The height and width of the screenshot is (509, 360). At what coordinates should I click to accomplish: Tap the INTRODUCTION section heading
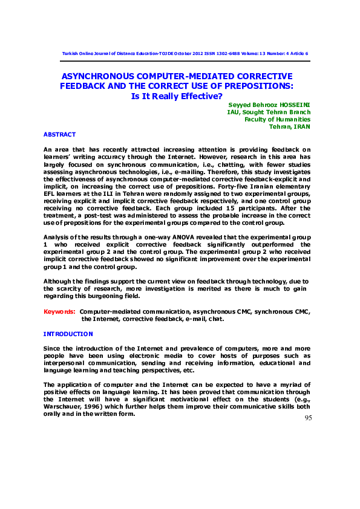point(68,334)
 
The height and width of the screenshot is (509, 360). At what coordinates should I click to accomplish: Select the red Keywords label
point(59,311)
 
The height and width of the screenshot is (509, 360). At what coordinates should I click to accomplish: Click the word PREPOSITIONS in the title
point(262,86)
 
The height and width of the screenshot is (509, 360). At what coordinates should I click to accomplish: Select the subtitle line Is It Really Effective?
point(177,96)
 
